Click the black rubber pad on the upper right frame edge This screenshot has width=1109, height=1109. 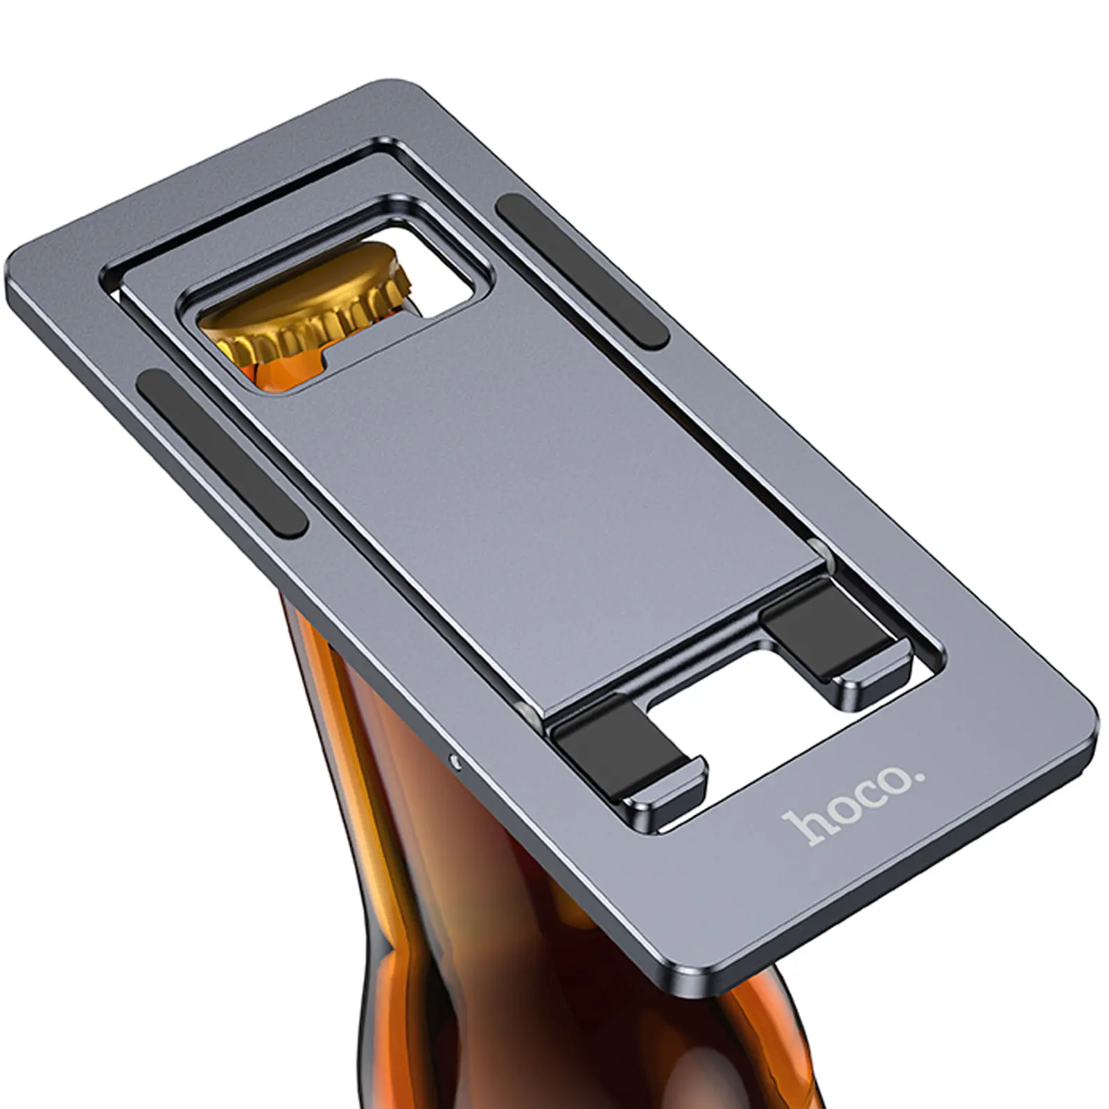coord(582,270)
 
